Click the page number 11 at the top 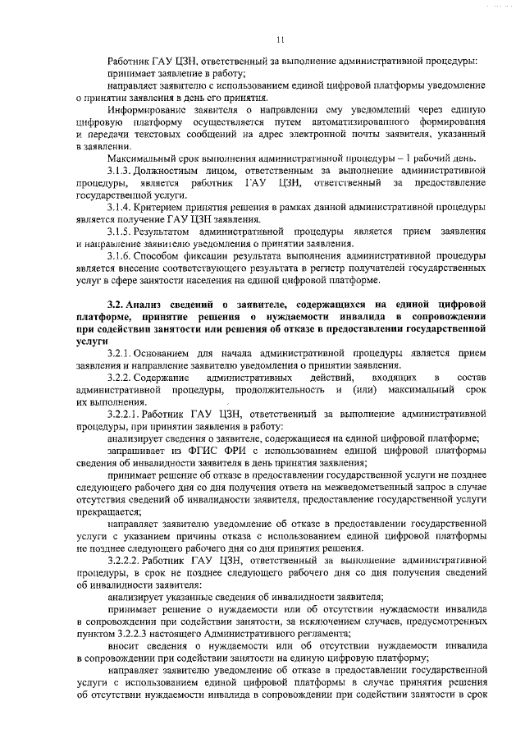pyautogui.click(x=280, y=39)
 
